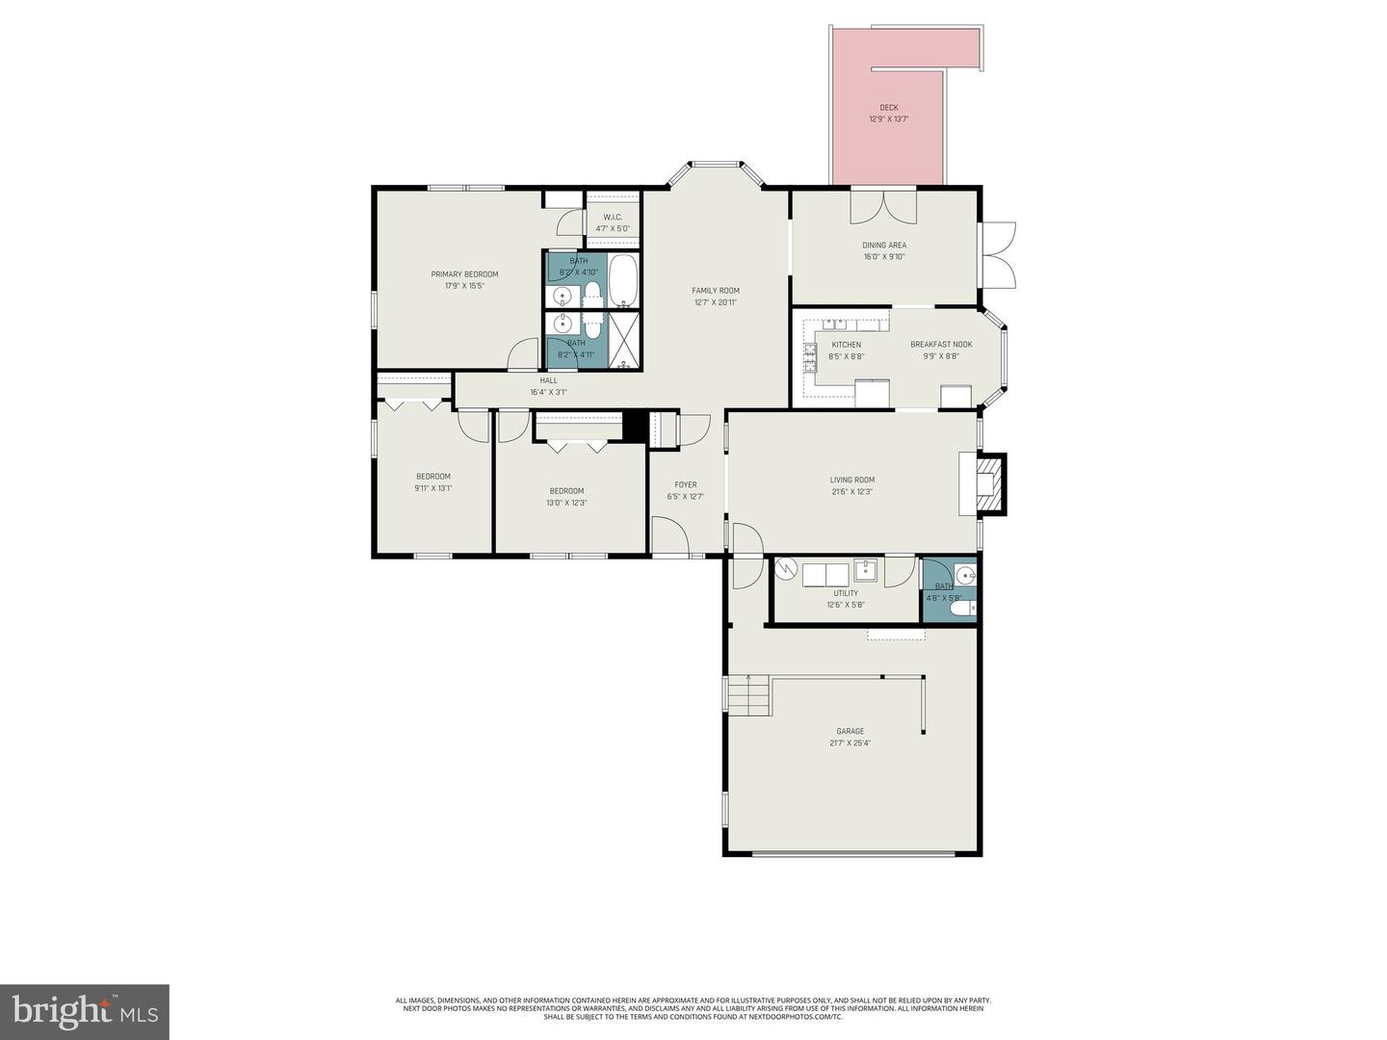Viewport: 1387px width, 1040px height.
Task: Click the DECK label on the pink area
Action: pyautogui.click(x=888, y=108)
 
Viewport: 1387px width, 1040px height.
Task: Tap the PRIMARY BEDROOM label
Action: pyautogui.click(x=464, y=274)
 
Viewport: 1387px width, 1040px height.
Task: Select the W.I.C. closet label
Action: pyautogui.click(x=613, y=218)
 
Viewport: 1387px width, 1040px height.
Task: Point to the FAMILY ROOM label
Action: pyautogui.click(x=716, y=291)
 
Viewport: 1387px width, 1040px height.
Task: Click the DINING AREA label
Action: pyautogui.click(x=884, y=246)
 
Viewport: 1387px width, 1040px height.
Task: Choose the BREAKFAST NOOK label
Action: pyautogui.click(x=941, y=345)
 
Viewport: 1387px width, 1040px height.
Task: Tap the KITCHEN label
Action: pyautogui.click(x=846, y=345)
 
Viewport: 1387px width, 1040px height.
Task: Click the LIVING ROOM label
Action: pyautogui.click(x=852, y=481)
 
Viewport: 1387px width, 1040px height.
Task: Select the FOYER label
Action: pyautogui.click(x=686, y=485)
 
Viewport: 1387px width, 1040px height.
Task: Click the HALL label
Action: pyautogui.click(x=548, y=380)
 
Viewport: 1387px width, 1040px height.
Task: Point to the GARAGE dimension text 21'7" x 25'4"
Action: pyautogui.click(x=850, y=743)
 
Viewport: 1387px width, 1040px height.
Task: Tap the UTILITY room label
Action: pyautogui.click(x=846, y=593)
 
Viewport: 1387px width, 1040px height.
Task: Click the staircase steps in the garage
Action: pyautogui.click(x=749, y=695)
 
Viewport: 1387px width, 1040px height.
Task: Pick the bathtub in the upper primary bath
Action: pyautogui.click(x=623, y=279)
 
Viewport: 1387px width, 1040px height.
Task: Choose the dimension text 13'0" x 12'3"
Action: pyautogui.click(x=566, y=503)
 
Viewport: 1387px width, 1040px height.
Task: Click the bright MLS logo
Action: pyautogui.click(x=85, y=1011)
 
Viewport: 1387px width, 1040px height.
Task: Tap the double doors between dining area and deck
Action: pyautogui.click(x=883, y=205)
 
